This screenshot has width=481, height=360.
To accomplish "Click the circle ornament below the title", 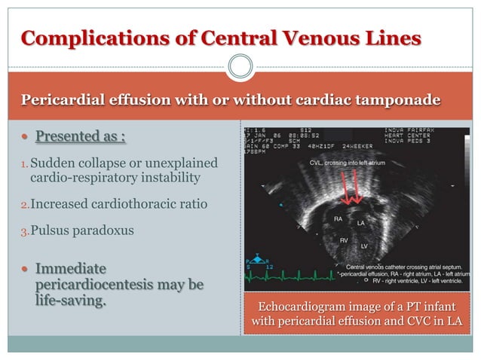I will [x=240, y=66].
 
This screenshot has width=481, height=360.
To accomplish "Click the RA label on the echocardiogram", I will [x=339, y=218].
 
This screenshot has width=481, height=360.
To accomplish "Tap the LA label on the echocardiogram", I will [x=361, y=223].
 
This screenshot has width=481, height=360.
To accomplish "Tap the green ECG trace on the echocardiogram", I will [x=302, y=279].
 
